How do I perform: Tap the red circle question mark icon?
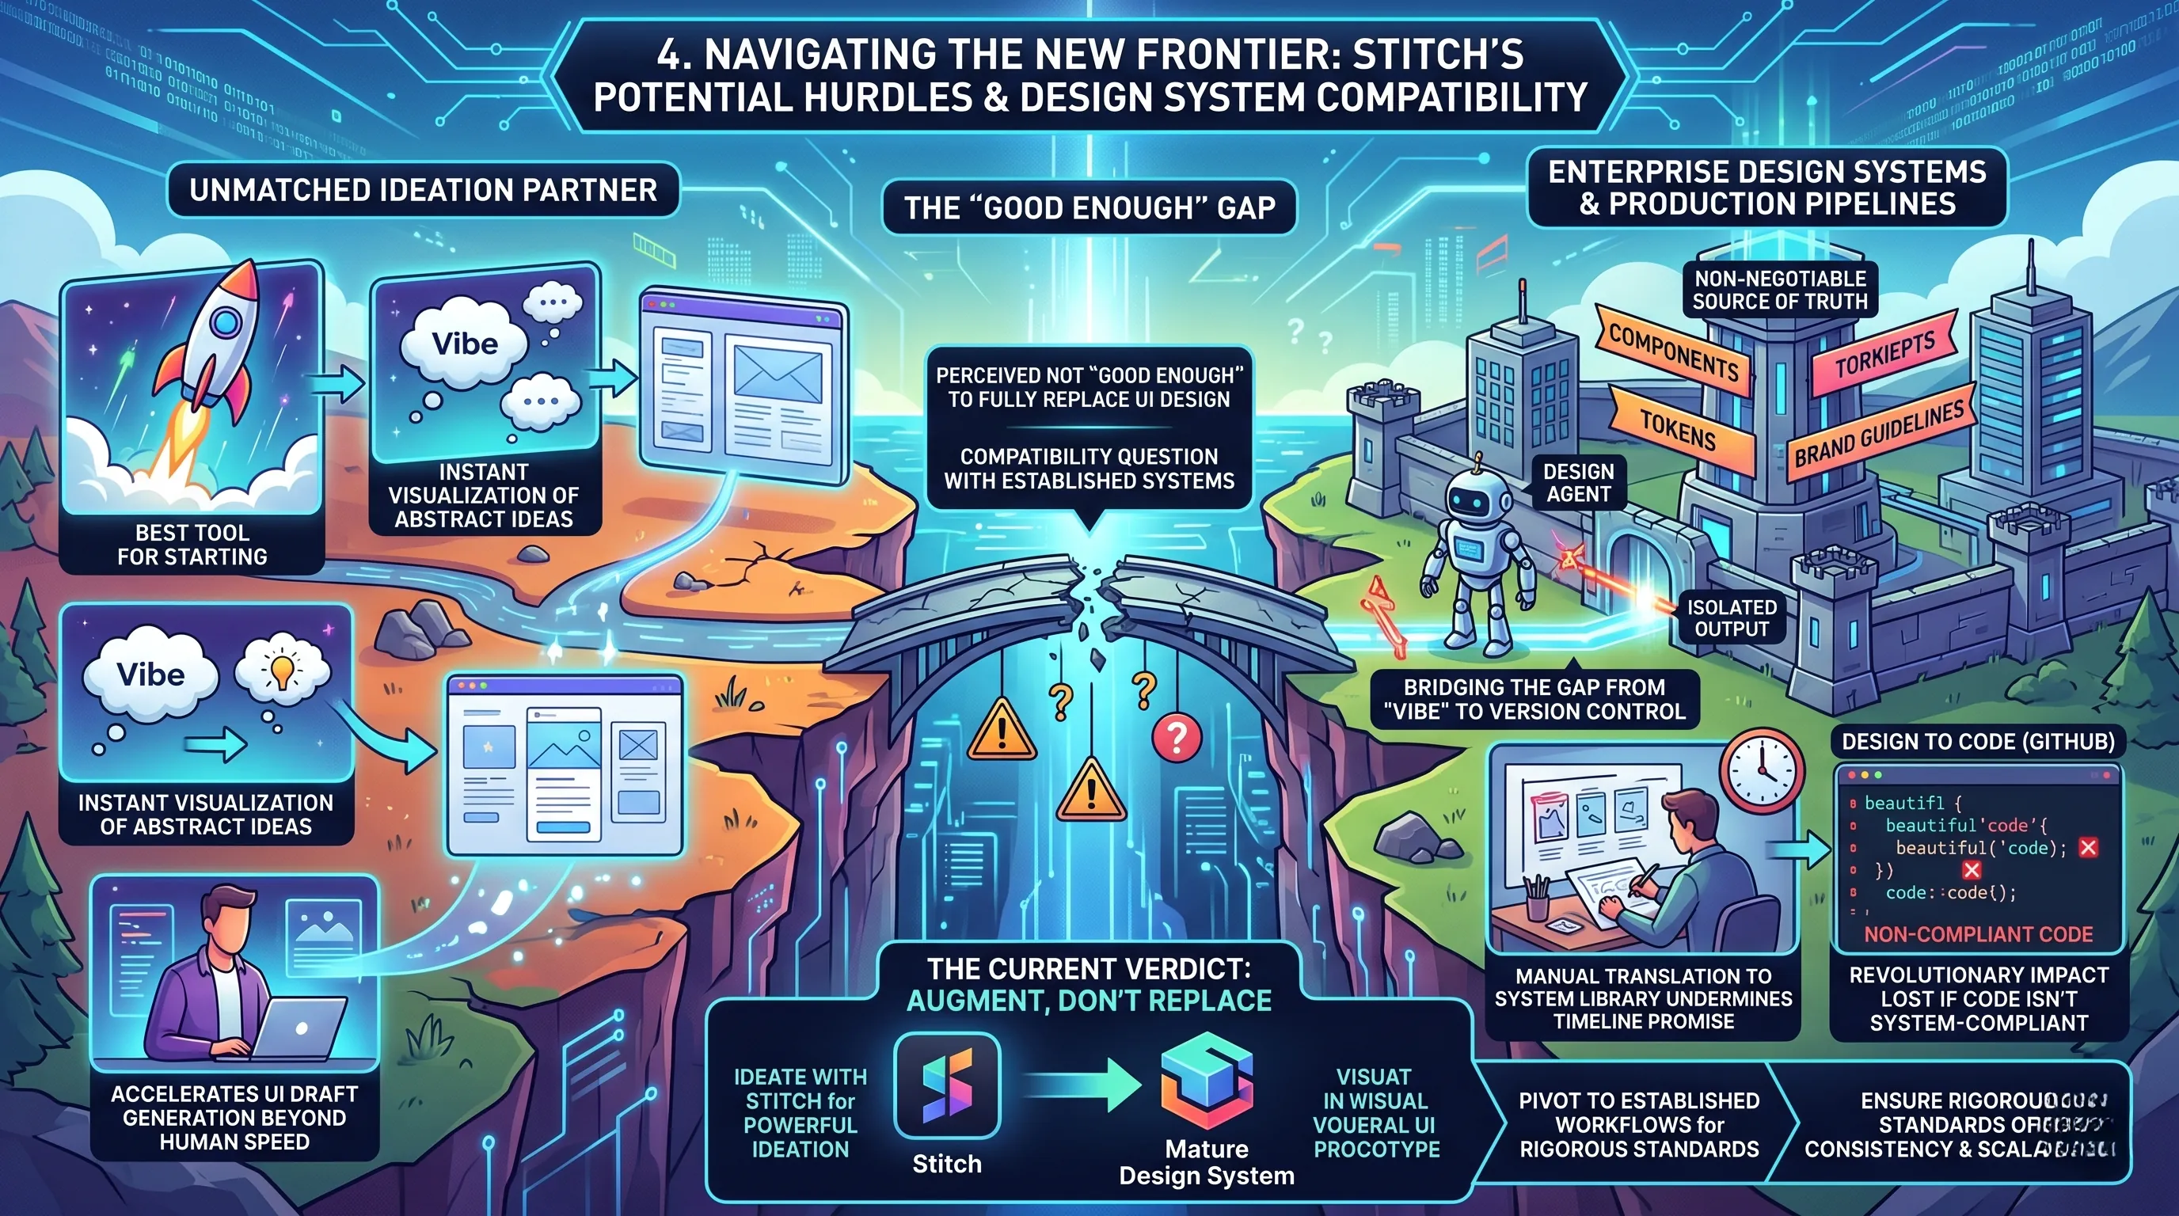tap(1176, 736)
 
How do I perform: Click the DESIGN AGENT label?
tap(1578, 483)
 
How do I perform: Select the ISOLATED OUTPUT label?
tap(1731, 618)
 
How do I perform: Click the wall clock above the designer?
tap(1762, 770)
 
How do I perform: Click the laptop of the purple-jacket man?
tap(300, 1028)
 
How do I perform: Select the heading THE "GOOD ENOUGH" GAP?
tap(1089, 208)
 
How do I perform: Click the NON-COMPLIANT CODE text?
tap(1978, 934)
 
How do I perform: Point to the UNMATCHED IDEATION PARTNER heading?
tap(423, 190)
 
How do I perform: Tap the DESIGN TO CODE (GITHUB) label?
tap(1978, 742)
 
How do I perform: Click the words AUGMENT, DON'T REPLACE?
tap(1089, 1001)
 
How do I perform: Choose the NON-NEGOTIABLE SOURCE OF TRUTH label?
tap(1780, 290)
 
